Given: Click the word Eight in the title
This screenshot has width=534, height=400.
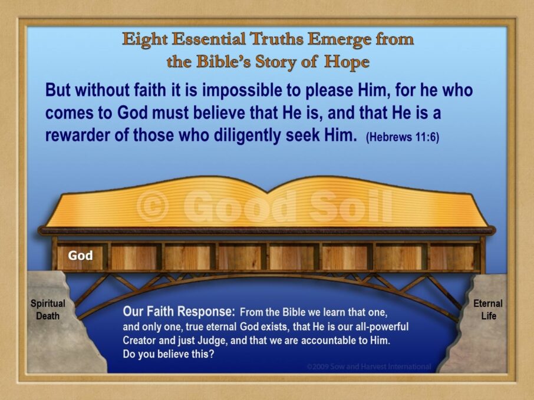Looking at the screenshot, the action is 145,40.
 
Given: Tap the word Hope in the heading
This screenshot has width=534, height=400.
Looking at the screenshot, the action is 347,62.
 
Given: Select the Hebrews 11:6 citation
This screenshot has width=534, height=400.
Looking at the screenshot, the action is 402,137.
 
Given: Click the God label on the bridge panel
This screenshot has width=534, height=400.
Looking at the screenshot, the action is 80,255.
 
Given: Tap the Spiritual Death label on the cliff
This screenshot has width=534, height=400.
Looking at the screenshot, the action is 48,309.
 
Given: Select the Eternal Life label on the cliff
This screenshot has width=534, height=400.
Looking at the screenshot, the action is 488,309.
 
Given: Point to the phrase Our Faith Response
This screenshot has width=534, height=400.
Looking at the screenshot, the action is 179,312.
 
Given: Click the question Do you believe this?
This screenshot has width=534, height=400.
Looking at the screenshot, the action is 169,355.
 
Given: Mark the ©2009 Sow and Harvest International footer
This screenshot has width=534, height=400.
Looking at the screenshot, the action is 369,366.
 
